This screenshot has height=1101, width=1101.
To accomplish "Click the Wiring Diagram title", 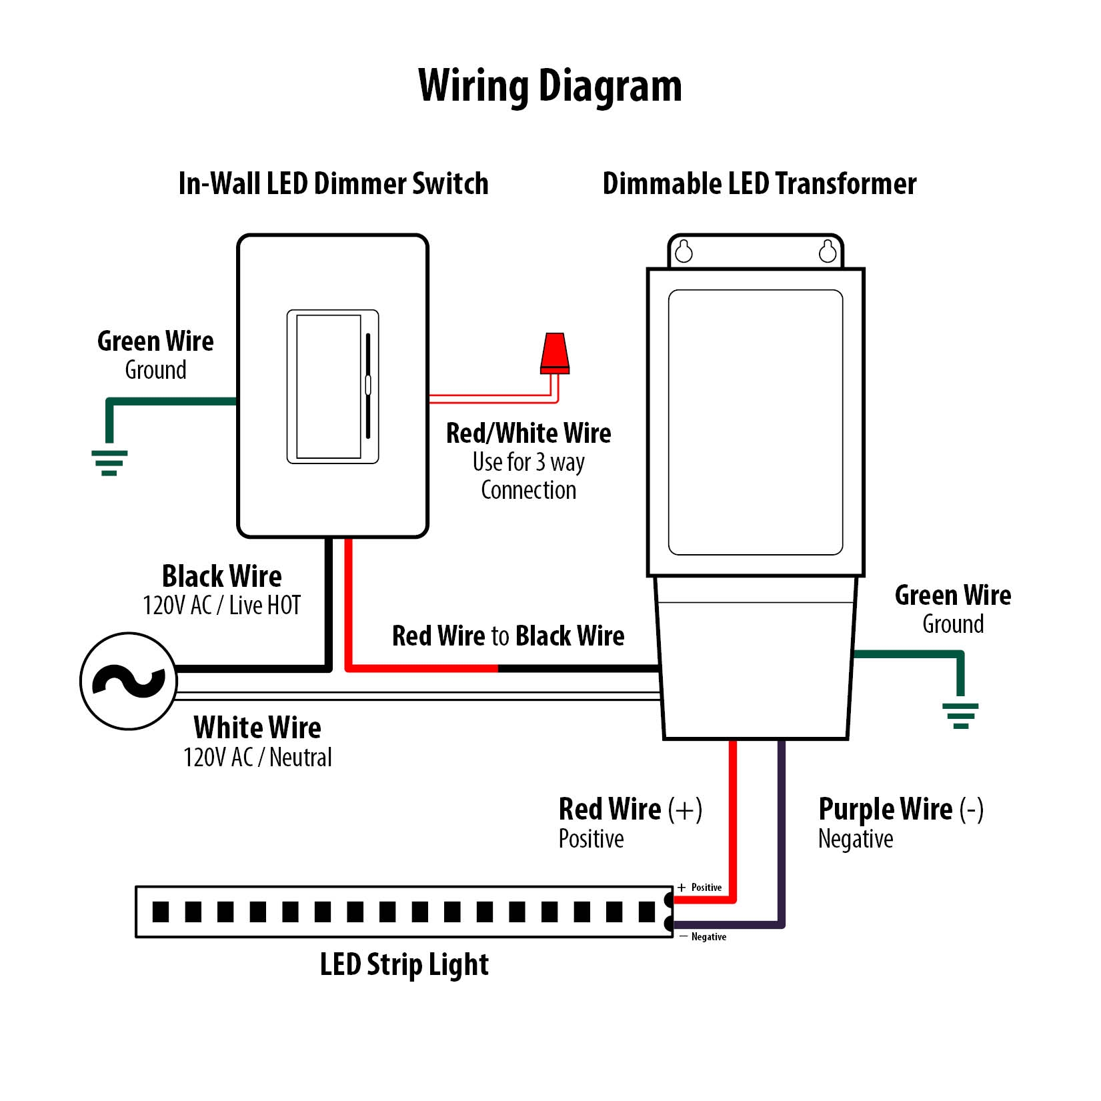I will [549, 87].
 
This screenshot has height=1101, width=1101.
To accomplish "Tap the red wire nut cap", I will [555, 353].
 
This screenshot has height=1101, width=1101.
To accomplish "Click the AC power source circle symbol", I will [129, 681].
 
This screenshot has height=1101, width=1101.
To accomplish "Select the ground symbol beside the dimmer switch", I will [109, 462].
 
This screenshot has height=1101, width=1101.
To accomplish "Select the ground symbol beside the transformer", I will [960, 716].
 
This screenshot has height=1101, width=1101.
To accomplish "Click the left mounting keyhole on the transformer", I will [684, 252].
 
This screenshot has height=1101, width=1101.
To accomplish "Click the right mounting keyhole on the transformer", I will [828, 252].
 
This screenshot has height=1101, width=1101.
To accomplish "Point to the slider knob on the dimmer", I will [368, 385].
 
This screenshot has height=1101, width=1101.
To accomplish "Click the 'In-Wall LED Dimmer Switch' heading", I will [333, 184].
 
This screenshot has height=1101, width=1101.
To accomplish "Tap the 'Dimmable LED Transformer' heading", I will [759, 184].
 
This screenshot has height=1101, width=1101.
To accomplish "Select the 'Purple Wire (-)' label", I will [900, 810].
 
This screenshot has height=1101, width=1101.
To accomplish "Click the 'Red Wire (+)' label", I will [630, 810].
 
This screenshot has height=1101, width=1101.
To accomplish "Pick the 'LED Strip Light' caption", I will [404, 965].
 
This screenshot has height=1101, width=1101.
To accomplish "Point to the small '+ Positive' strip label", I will [700, 888].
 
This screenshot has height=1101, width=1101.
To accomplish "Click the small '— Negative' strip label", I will [703, 937].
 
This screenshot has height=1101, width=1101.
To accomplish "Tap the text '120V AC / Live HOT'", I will [221, 606].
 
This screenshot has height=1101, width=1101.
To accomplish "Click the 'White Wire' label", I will [257, 728].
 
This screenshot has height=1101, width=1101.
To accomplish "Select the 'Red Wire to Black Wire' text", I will [508, 636].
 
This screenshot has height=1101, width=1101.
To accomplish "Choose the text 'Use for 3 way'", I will [528, 461].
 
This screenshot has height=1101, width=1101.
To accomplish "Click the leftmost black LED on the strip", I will [161, 912].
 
